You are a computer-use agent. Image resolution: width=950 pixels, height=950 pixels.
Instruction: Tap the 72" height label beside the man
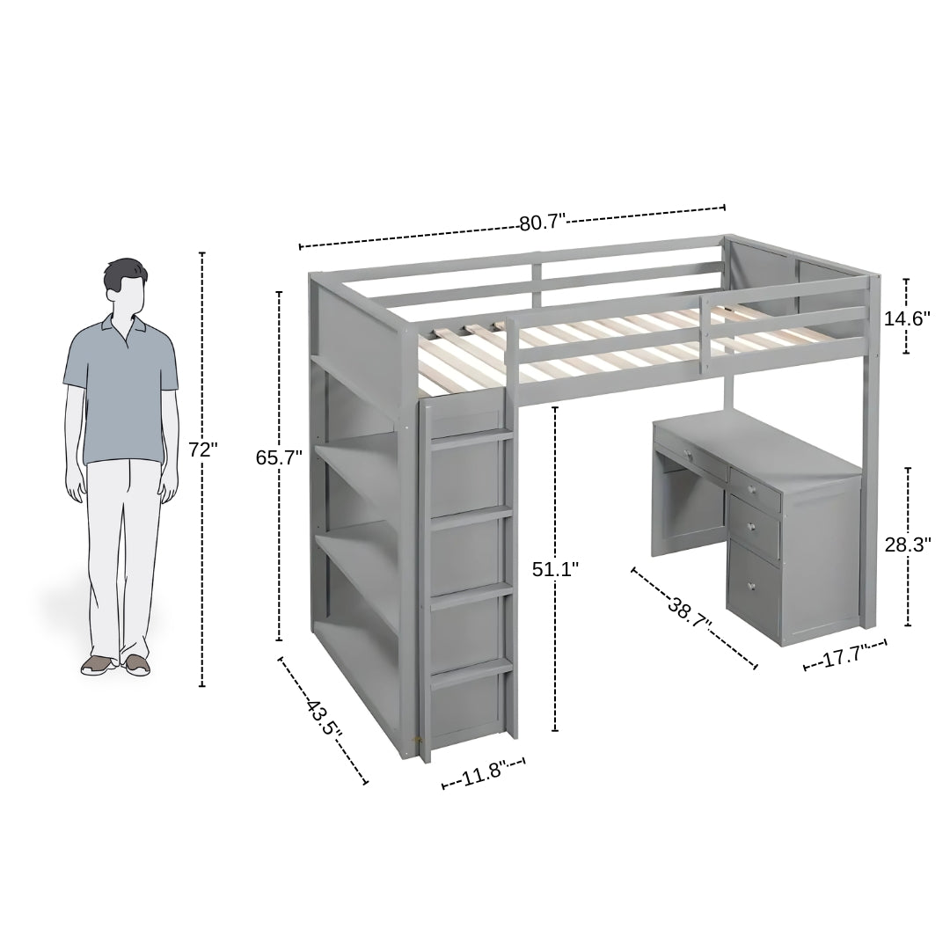(202, 449)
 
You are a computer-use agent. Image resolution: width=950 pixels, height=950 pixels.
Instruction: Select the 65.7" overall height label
(279, 457)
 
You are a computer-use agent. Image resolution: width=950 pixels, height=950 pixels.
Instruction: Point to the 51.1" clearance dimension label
(555, 569)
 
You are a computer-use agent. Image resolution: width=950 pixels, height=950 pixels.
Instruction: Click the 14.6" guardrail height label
(907, 318)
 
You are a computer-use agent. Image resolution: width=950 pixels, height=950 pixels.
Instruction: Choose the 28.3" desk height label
(908, 544)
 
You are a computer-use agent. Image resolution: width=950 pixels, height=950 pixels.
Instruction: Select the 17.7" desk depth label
(845, 657)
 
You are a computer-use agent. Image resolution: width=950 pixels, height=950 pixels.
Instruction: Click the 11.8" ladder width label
(483, 774)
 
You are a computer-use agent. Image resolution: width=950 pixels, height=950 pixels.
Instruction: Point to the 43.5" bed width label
(324, 720)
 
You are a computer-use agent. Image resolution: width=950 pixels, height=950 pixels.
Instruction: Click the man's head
(124, 286)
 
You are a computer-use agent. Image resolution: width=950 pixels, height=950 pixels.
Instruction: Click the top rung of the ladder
(471, 437)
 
